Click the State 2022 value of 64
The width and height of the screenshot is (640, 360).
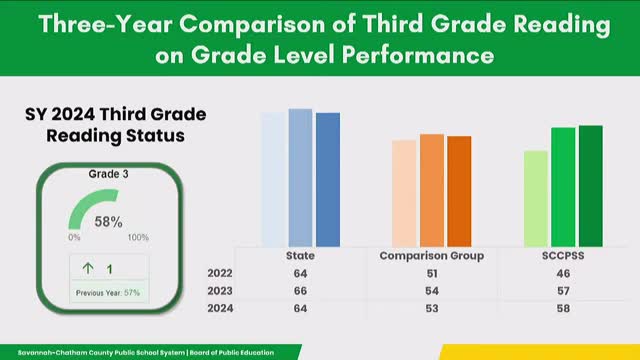tap(301, 273)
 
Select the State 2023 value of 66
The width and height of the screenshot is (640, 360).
tap(301, 291)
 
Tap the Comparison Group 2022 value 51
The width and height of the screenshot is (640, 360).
tap(432, 273)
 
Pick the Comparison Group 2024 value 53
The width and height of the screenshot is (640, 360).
tap(432, 309)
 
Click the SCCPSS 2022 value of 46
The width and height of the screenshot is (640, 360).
tap(563, 273)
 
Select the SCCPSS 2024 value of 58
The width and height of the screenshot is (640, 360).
tap(563, 309)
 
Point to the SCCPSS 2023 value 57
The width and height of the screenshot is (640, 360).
tap(563, 291)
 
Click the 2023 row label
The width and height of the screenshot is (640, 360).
tap(220, 291)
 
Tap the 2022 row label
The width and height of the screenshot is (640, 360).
tap(220, 273)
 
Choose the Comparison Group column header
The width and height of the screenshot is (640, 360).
tap(432, 256)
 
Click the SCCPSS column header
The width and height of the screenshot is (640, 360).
tap(563, 256)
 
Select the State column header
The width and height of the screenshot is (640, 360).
tap(301, 256)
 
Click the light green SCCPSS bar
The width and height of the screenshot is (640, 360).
tap(535, 198)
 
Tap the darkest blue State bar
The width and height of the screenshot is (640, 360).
tap(328, 179)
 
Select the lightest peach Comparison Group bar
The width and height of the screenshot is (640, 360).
tap(404, 192)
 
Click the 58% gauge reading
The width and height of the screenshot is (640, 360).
tap(108, 222)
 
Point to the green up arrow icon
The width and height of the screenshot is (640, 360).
tap(88, 268)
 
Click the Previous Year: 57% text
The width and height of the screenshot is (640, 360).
tap(104, 292)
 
